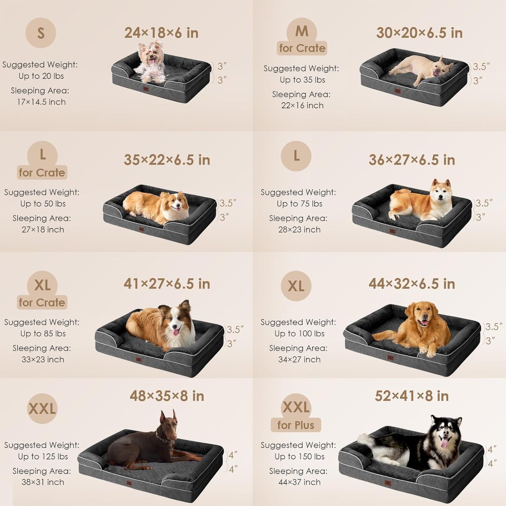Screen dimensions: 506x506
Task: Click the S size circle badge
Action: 41,33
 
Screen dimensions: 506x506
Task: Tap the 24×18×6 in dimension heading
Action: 161,33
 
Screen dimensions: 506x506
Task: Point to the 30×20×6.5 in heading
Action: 419,33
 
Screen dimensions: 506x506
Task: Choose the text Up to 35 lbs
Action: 302,80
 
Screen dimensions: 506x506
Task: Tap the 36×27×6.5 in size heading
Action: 412,160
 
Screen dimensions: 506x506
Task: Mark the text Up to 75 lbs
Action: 299,204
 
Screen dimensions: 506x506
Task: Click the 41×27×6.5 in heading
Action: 167,284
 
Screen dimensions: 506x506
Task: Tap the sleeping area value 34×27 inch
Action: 299,360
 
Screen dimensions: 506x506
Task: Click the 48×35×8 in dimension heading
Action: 167,396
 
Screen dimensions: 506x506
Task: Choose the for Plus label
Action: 296,425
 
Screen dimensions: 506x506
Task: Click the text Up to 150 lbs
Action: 299,457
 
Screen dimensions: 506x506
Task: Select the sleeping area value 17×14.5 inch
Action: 41,102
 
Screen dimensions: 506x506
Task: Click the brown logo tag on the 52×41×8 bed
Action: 388,483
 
